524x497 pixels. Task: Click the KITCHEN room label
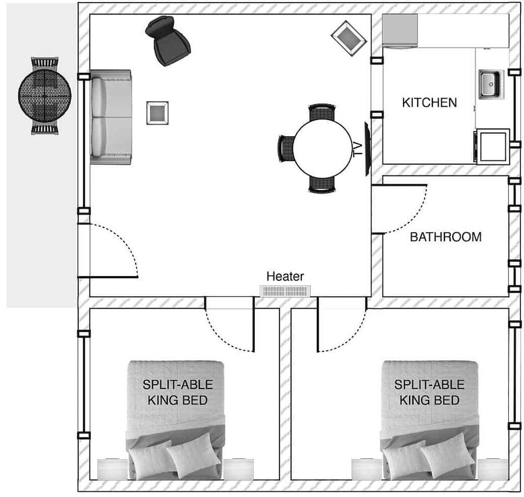[430, 102]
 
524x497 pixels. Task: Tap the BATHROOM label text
[446, 237]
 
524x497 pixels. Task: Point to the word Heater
[285, 276]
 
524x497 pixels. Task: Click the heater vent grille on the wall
[285, 291]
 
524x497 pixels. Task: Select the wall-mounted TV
[367, 149]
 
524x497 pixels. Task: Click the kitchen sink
[491, 84]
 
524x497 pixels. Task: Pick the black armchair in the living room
[167, 40]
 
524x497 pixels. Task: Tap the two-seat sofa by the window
[111, 117]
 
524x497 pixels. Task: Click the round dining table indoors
[322, 148]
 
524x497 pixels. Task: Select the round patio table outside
[45, 95]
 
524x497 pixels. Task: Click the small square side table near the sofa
[157, 113]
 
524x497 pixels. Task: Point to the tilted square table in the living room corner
[349, 38]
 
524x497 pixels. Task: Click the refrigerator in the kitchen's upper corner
[400, 30]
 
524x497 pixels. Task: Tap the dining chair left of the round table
[285, 148]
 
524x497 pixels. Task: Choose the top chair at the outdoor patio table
[45, 63]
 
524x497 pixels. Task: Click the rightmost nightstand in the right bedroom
[493, 469]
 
